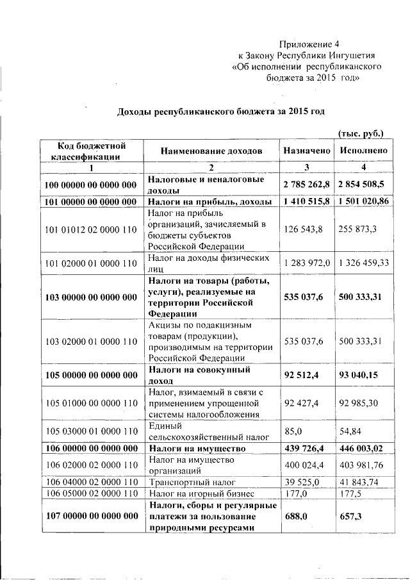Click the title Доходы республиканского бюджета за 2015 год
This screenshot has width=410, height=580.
click(x=220, y=111)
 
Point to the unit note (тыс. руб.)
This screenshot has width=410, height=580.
click(x=361, y=134)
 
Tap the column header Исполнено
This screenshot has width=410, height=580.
click(x=363, y=151)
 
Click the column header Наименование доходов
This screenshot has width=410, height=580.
click(x=211, y=151)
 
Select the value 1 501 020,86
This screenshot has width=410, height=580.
click(x=363, y=201)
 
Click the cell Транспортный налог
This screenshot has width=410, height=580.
click(x=189, y=481)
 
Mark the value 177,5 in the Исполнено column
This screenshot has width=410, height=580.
click(x=350, y=493)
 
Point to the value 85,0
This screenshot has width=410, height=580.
click(x=293, y=431)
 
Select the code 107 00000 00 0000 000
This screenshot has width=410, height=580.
click(x=92, y=516)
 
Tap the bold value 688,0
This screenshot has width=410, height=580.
click(x=296, y=516)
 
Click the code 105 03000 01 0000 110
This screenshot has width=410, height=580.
click(x=92, y=431)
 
